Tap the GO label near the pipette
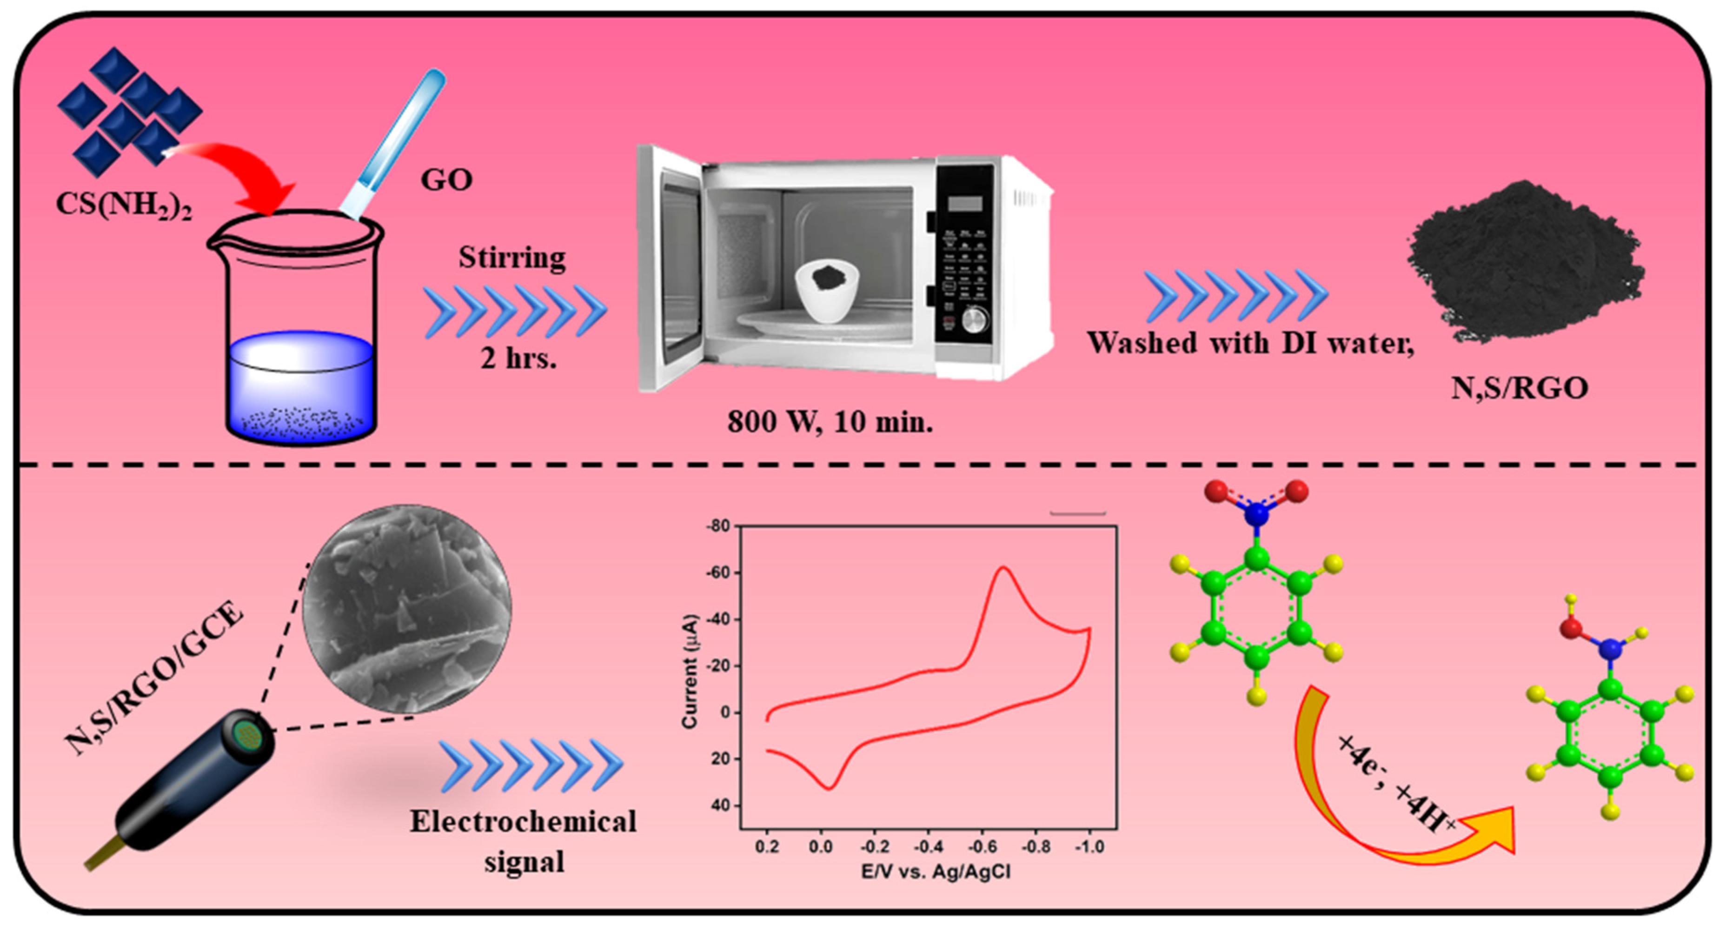click(x=446, y=180)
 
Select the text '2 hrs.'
click(x=518, y=359)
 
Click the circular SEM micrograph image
click(x=407, y=609)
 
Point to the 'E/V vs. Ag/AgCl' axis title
click(x=936, y=872)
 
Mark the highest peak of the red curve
click(x=1003, y=568)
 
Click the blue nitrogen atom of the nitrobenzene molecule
click(x=1256, y=515)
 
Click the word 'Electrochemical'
click(x=523, y=822)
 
